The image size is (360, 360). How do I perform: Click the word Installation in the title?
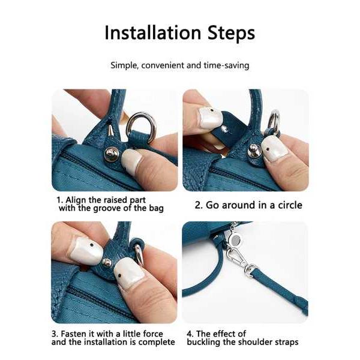152,32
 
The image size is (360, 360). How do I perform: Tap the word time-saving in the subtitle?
226,65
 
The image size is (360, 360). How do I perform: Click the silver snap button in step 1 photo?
112,154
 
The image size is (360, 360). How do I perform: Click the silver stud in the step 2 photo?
253,151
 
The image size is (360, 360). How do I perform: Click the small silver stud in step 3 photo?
107,262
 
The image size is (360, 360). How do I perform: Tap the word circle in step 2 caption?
290,205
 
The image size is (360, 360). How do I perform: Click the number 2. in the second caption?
199,205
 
